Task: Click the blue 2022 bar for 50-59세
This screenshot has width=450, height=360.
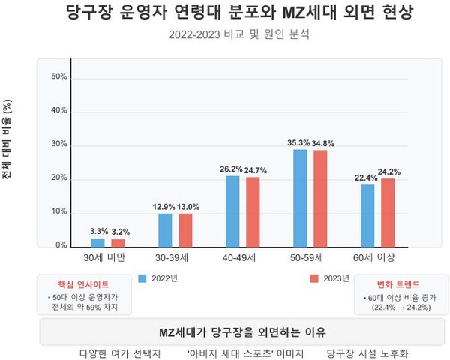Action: point(300,198)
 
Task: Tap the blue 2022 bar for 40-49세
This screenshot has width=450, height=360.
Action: point(232,211)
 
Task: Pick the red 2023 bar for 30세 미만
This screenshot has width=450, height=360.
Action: point(118,242)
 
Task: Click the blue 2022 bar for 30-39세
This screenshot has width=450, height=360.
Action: point(164,229)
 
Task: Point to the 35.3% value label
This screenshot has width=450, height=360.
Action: point(299,142)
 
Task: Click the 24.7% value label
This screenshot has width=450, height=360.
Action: point(253,171)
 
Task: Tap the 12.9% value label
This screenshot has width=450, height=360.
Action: point(163,207)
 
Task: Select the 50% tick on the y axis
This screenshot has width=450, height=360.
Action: point(58,76)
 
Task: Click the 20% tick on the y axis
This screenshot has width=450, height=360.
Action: point(58,178)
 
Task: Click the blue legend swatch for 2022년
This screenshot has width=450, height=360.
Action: point(142,278)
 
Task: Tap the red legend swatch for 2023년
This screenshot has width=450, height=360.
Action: point(314,278)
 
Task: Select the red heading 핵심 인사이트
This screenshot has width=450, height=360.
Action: point(82,285)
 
